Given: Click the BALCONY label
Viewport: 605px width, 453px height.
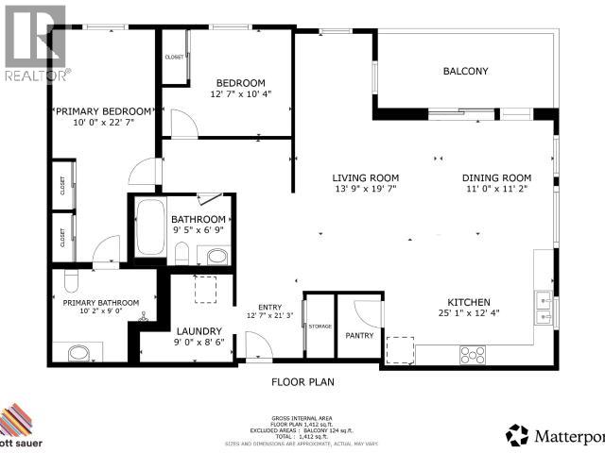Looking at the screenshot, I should pyautogui.click(x=465, y=71).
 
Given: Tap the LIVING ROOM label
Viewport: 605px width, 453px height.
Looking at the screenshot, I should pyautogui.click(x=365, y=177).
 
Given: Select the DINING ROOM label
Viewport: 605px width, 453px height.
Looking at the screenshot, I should pyautogui.click(x=496, y=177).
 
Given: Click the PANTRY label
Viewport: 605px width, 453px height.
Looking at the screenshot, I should pyautogui.click(x=359, y=335).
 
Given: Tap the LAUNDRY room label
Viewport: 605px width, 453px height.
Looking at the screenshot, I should pyautogui.click(x=199, y=331).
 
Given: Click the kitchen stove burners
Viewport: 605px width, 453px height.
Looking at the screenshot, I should pyautogui.click(x=471, y=355).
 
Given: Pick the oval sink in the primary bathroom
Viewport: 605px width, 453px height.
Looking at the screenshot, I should pyautogui.click(x=80, y=354).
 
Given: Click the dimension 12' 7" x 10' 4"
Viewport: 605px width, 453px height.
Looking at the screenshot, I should pyautogui.click(x=240, y=94).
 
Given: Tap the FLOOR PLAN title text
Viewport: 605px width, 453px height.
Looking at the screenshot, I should pyautogui.click(x=303, y=382).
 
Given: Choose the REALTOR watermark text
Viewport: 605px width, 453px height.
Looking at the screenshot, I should pyautogui.click(x=37, y=74).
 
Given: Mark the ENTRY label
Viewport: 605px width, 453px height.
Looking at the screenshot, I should pyautogui.click(x=270, y=306).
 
